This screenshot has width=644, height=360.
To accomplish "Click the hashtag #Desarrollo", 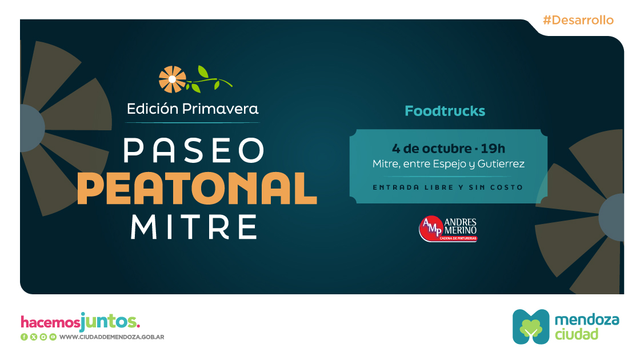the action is [x=578, y=20].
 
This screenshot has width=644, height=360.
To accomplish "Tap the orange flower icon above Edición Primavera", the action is [x=172, y=79].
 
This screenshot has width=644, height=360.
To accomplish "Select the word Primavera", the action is [x=220, y=109].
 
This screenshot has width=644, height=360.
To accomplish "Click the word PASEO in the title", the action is [x=194, y=150].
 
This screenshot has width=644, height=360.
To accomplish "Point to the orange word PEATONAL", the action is [x=197, y=189].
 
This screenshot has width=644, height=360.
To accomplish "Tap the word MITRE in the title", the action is [x=194, y=227].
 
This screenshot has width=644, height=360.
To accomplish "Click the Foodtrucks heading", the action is [x=445, y=111].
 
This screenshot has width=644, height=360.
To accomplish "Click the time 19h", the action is [x=493, y=148].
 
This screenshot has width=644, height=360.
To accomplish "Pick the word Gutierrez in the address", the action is [x=501, y=164].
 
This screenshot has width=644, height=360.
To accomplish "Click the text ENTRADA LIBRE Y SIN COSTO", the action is [x=447, y=187].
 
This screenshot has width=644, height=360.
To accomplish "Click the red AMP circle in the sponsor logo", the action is [x=431, y=228].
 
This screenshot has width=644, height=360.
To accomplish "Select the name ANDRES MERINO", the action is [x=461, y=226].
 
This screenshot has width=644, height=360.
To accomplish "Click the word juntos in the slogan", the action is [x=110, y=321].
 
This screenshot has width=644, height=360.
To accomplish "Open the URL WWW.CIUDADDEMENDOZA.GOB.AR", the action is [x=112, y=337].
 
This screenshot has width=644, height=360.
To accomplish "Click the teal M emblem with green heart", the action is [x=531, y=327].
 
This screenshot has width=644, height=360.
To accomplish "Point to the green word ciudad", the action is [x=577, y=334].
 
